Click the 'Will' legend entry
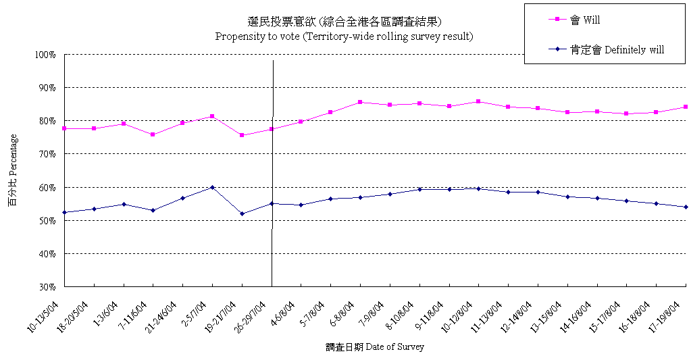pos(585,20)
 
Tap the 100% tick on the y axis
pos(45,55)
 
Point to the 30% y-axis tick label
pos(46,287)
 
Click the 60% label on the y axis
pos(46,187)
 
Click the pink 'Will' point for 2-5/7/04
pos(212,116)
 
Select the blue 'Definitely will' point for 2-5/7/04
pos(212,187)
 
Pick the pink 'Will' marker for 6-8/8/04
pos(360,102)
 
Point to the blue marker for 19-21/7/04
pos(242,213)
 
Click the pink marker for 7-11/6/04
pos(153,134)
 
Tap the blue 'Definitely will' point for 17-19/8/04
pos(686,207)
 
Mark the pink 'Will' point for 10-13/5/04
pos(64,128)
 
